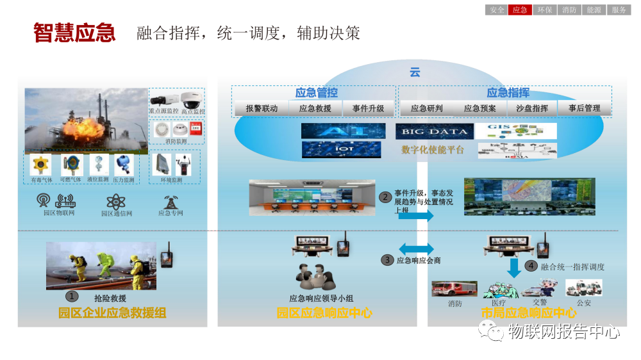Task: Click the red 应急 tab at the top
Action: click(x=520, y=10)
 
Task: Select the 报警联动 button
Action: click(x=262, y=108)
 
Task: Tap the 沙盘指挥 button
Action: click(x=532, y=108)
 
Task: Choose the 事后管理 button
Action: click(x=584, y=108)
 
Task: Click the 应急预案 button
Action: click(x=480, y=108)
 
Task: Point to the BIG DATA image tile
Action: click(x=435, y=131)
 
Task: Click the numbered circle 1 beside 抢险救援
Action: click(x=72, y=296)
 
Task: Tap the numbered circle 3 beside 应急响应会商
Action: click(x=387, y=260)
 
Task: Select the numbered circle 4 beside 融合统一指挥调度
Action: click(x=531, y=265)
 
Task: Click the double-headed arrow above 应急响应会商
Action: click(x=416, y=248)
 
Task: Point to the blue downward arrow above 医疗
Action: click(x=514, y=268)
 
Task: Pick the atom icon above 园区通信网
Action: click(x=115, y=201)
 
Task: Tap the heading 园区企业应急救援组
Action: click(x=112, y=313)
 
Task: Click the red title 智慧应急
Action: click(x=74, y=33)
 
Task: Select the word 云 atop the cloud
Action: click(x=415, y=72)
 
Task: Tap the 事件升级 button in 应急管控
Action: click(x=368, y=108)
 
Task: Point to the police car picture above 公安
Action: click(x=583, y=288)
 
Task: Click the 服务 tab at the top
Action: click(x=619, y=10)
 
